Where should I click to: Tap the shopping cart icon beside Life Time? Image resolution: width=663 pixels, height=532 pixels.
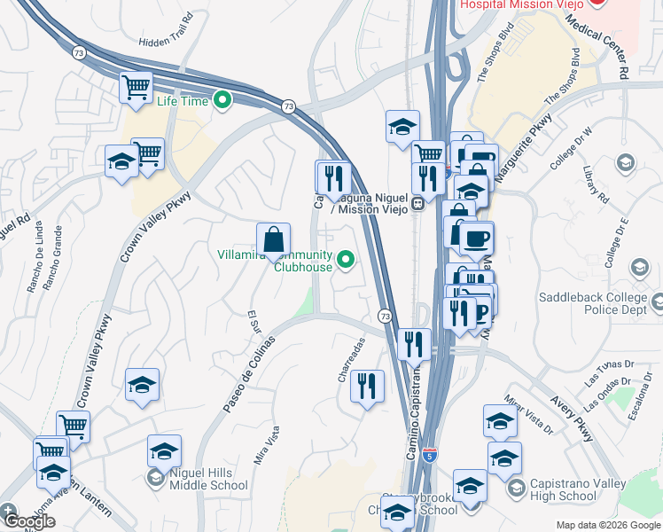coord(137,88)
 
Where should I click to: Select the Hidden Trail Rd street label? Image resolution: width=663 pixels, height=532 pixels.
coord(166,42)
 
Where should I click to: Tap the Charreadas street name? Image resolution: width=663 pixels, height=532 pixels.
coord(351,360)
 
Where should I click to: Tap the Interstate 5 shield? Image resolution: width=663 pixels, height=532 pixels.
coord(430,457)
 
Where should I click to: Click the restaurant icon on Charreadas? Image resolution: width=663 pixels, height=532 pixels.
coord(367,387)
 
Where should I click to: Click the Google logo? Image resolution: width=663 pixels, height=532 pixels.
coord(29,521)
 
